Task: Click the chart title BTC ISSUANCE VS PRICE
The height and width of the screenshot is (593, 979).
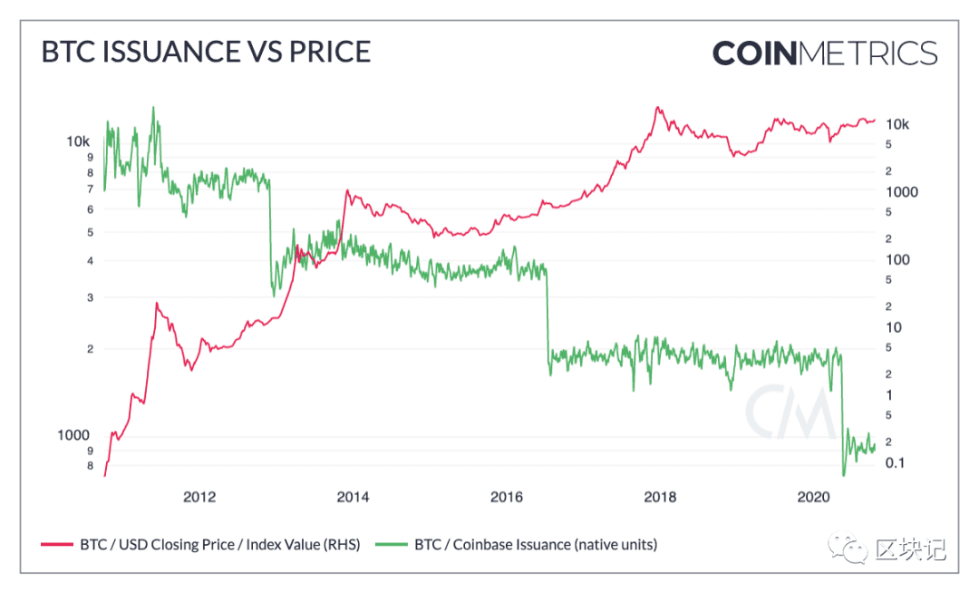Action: [206, 52]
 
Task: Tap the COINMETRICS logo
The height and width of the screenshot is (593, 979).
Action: [825, 53]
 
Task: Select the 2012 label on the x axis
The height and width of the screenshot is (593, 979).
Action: [199, 497]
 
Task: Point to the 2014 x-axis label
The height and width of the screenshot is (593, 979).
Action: [353, 497]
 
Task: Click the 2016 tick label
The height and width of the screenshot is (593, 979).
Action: [507, 497]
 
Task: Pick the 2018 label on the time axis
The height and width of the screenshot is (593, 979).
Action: [660, 497]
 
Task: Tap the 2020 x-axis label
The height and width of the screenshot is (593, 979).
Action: [813, 497]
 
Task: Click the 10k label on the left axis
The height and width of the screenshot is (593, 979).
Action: [78, 141]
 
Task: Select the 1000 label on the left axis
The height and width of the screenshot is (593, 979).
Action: [73, 435]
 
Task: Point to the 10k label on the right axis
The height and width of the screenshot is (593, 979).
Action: [897, 124]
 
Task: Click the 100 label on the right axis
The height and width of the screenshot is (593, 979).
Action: [897, 259]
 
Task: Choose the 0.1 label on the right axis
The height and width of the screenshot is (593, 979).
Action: [895, 462]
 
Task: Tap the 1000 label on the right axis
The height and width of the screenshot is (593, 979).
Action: [902, 192]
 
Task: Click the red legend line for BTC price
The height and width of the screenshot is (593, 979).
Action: [57, 545]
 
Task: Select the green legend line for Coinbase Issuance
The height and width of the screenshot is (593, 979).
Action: [392, 545]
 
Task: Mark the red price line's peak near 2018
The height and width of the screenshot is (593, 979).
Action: [657, 107]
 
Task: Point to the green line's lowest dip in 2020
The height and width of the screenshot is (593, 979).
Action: [844, 476]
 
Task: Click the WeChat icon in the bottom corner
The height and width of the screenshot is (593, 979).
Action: [848, 548]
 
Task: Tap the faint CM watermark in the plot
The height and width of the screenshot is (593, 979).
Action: [790, 412]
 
